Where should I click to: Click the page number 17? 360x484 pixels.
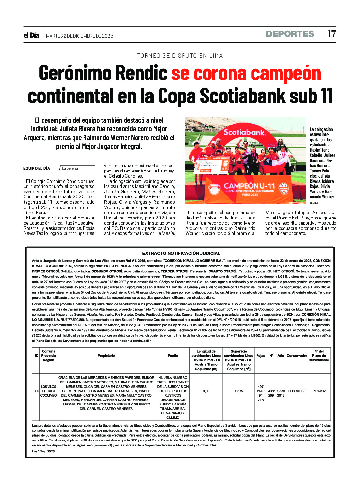[332, 34]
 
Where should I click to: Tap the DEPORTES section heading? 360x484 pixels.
[290, 34]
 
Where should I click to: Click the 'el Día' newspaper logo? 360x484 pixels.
[31, 35]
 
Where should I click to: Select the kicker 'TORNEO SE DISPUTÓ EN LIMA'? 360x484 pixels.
[180, 56]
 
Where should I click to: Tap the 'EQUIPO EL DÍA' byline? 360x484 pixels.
[37, 168]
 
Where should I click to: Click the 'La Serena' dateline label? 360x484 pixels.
[70, 168]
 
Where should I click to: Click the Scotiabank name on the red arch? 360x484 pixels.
[245, 132]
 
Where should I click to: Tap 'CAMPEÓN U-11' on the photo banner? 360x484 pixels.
[249, 186]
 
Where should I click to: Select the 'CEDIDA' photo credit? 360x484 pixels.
[314, 203]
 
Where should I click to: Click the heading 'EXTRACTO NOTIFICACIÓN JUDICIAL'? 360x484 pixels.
[181, 253]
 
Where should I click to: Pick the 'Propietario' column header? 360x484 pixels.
[106, 356]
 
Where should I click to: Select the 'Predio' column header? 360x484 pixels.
[173, 356]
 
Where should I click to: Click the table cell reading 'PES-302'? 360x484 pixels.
[319, 391]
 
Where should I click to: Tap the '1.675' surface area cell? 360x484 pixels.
[239, 391]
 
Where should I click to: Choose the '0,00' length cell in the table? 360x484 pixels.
[206, 391]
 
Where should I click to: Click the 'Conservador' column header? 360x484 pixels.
[297, 356]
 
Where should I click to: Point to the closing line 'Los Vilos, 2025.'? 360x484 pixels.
[44, 452]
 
